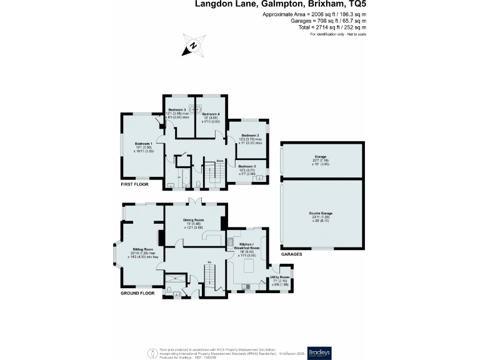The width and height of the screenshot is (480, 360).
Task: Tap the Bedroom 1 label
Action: (x=144, y=144)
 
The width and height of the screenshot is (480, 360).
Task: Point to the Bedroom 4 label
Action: (x=211, y=114)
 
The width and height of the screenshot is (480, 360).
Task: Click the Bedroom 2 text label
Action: (x=250, y=135)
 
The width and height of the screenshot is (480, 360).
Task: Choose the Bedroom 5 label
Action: (x=247, y=166)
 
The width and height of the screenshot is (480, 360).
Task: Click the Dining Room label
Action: (x=194, y=220)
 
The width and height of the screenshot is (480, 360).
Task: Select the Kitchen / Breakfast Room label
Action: (x=247, y=246)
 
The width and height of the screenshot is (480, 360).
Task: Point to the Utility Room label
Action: (x=279, y=277)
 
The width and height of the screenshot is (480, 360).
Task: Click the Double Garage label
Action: (x=320, y=214)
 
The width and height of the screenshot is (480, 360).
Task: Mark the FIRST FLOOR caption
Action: (x=135, y=185)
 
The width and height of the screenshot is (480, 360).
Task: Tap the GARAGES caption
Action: (x=291, y=255)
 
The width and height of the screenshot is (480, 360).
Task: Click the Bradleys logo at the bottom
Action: (x=319, y=351)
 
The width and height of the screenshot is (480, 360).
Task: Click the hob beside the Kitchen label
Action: (x=231, y=242)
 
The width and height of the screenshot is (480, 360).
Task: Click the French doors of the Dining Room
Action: (x=196, y=202)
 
